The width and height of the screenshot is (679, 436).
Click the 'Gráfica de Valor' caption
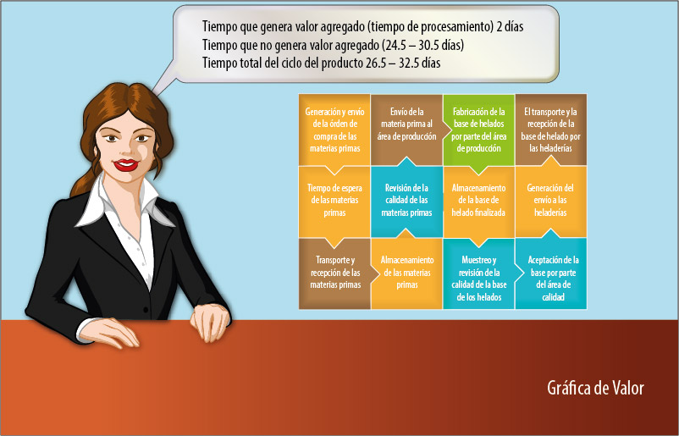coord(595,388)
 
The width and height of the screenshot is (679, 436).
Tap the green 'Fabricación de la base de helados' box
coord(478,130)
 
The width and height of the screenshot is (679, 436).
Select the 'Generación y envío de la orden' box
coord(334,130)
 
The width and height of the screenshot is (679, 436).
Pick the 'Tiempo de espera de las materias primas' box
coord(334,201)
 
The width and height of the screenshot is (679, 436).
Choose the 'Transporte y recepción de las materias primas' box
coord(334,273)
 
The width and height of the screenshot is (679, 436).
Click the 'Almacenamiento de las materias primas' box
coord(406,273)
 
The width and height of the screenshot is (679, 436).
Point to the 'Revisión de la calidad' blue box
coord(406,201)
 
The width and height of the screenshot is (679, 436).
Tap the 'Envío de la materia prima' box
coord(406,130)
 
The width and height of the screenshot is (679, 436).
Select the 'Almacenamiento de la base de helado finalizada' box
coord(478,201)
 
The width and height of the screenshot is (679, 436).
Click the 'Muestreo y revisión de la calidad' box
coord(478,273)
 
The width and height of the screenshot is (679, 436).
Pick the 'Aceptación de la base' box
coord(551,273)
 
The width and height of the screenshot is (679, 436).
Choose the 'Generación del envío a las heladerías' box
coord(551,201)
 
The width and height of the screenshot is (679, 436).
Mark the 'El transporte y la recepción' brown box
coord(551,130)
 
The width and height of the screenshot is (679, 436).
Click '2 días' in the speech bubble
coord(511,26)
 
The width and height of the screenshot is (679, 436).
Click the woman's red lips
coord(126,164)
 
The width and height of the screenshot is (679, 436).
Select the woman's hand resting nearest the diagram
coord(210,323)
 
